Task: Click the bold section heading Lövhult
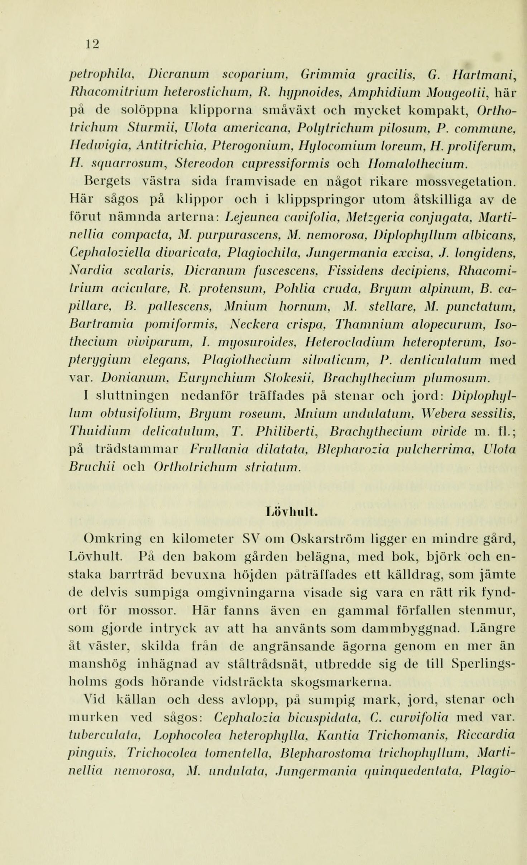292,511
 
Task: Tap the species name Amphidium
379,94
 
